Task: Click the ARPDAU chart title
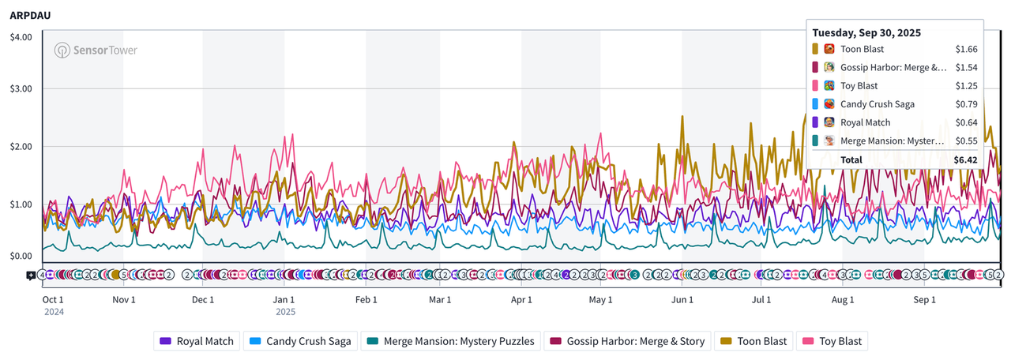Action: click(x=29, y=14)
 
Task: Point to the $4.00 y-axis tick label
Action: click(x=21, y=37)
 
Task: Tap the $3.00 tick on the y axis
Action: click(x=21, y=88)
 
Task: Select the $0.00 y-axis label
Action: click(x=21, y=256)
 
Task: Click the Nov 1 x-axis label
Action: click(x=124, y=300)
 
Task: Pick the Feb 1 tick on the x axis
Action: click(x=366, y=300)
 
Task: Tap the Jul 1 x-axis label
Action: click(x=761, y=300)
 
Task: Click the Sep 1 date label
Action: click(x=924, y=300)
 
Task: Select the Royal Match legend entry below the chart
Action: click(x=197, y=341)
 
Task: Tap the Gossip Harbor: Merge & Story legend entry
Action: click(x=628, y=341)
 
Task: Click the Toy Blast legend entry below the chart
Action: click(x=832, y=341)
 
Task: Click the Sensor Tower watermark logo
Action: click(x=96, y=51)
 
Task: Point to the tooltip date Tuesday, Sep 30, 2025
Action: click(x=866, y=32)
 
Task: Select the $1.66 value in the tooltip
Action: click(x=966, y=49)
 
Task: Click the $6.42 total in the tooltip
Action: click(x=965, y=159)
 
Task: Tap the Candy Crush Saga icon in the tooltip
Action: click(x=829, y=103)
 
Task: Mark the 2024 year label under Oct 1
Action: click(x=54, y=312)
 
